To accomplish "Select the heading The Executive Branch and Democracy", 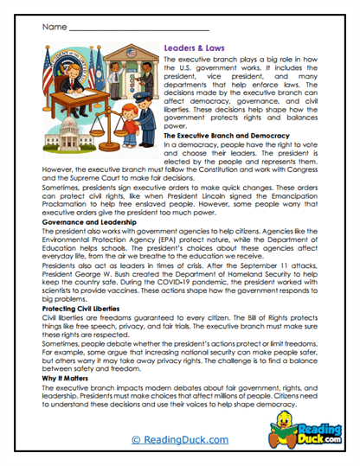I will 222,137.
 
